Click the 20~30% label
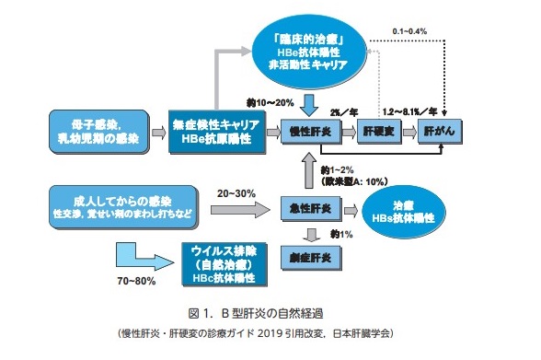point(237,195)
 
